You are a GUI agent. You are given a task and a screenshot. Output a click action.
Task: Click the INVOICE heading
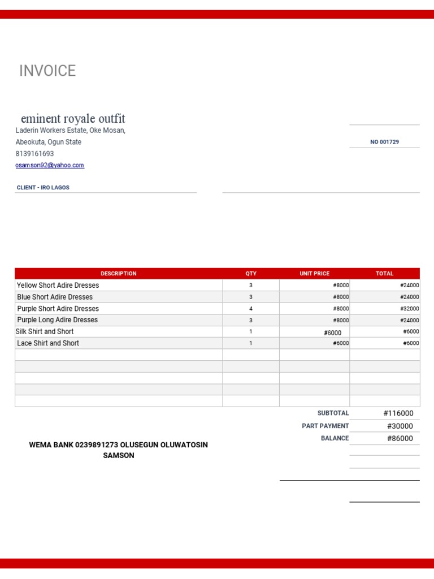[x=47, y=71]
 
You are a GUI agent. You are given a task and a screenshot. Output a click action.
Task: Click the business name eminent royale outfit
[x=73, y=119]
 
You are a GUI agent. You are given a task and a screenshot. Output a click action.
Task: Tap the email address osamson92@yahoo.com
[x=50, y=165]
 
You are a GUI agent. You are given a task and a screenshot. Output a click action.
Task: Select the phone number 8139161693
[x=34, y=154]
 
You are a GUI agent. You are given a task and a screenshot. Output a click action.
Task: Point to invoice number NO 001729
[x=384, y=142]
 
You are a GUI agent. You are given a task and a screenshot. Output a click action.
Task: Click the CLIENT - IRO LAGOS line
[x=43, y=187]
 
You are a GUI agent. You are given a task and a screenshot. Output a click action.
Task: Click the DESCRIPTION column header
[x=119, y=274]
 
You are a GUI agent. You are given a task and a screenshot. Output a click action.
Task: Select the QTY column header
[x=251, y=274]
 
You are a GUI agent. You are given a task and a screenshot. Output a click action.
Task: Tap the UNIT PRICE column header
[x=314, y=274]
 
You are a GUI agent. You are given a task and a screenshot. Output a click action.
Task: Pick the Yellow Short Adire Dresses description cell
[x=58, y=286]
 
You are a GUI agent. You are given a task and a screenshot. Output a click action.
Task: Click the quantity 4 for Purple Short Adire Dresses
[x=251, y=309]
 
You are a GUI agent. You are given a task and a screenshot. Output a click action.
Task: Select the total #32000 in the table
[x=409, y=309]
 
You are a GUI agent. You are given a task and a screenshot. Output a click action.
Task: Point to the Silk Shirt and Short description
[x=45, y=332]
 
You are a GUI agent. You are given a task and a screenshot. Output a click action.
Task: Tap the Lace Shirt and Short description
[x=48, y=343]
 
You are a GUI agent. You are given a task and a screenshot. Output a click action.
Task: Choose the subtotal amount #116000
[x=398, y=413]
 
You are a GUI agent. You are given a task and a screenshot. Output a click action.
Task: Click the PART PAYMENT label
[x=325, y=426]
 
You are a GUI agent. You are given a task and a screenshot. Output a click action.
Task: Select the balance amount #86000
[x=400, y=438]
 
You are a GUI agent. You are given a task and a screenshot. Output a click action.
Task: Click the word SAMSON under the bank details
[x=118, y=455]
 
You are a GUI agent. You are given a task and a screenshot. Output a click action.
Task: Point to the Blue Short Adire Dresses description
[x=55, y=297]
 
